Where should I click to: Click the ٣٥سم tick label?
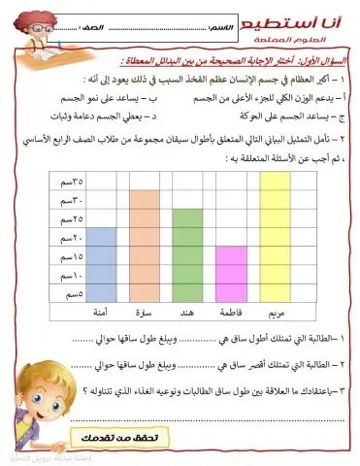pyautogui.click(x=71, y=181)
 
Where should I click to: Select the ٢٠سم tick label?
pyautogui.click(x=71, y=237)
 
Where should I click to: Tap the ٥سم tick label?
pyautogui.click(x=73, y=293)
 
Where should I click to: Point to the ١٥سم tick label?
pyautogui.click(x=71, y=256)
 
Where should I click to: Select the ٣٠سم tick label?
pyautogui.click(x=71, y=200)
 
